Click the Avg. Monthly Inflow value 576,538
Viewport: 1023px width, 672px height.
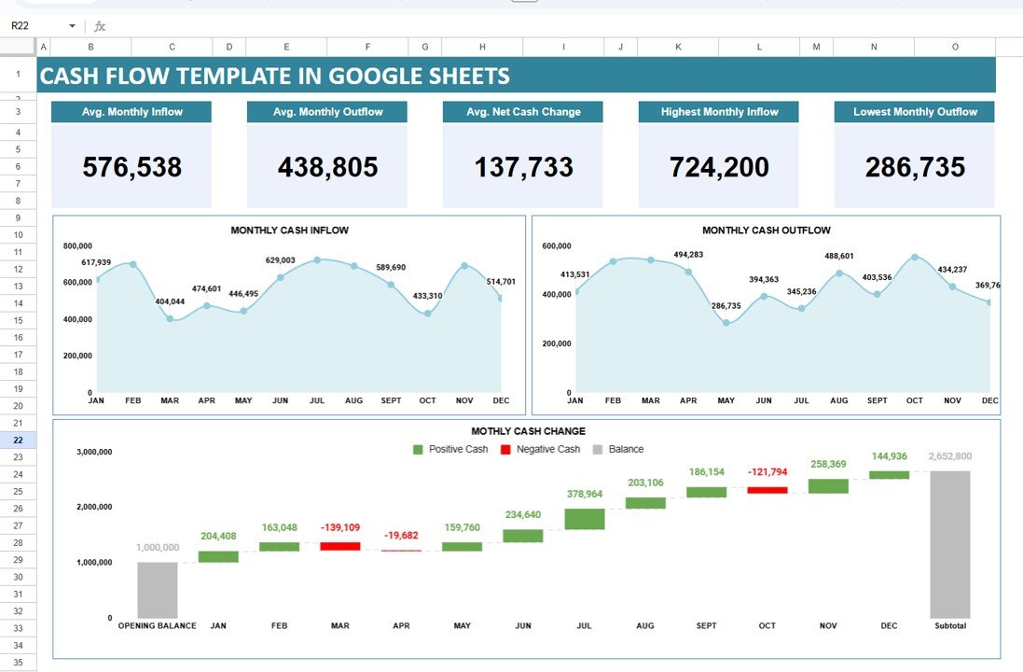(131, 167)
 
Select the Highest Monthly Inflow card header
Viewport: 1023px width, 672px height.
(719, 112)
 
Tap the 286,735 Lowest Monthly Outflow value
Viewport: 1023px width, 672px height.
(914, 167)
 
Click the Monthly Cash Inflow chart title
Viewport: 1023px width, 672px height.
(290, 230)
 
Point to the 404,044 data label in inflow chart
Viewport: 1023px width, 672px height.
(169, 301)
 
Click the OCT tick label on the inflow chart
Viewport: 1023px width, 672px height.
(427, 400)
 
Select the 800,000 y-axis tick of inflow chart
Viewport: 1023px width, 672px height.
(77, 246)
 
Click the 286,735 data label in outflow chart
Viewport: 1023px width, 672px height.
(726, 306)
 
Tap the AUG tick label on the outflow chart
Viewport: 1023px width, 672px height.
(838, 400)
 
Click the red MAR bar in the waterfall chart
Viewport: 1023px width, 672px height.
(339, 546)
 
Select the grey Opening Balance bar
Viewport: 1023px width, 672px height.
(157, 589)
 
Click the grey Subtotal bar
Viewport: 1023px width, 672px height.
(949, 543)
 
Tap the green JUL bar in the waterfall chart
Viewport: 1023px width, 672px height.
(585, 519)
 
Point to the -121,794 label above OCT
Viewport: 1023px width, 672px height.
(768, 472)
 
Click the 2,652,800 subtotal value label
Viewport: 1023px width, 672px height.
(949, 456)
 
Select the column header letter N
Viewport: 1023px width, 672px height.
(874, 47)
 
